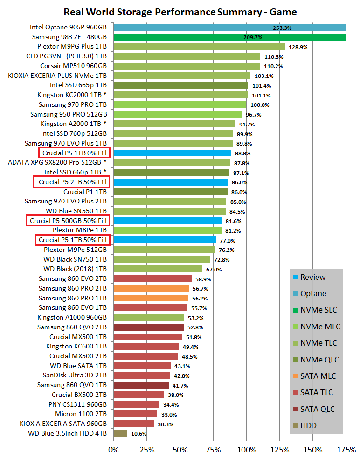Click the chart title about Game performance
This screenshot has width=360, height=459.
(x=180, y=12)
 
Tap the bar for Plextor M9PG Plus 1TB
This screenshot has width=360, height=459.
(x=199, y=47)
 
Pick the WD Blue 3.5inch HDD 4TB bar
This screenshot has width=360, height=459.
(x=120, y=433)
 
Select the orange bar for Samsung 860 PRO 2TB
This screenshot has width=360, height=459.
(x=151, y=289)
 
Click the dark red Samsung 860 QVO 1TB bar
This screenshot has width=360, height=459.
(x=141, y=385)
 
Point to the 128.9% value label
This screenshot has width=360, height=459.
(x=297, y=47)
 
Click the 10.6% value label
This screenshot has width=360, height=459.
(x=138, y=434)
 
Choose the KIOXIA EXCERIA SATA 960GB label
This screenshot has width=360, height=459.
(x=63, y=424)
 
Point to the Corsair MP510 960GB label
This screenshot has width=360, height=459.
(x=73, y=66)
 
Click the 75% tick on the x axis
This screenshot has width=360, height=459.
(x=213, y=450)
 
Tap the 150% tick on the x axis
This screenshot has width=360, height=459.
(x=313, y=450)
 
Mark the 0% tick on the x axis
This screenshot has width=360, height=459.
(x=113, y=450)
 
